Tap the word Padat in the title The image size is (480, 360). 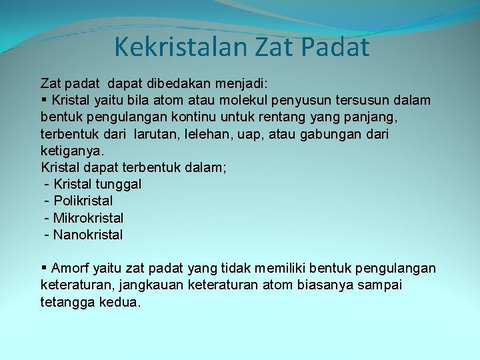pos(339,47)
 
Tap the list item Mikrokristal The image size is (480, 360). pos(88,218)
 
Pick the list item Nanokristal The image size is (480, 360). pos(88,235)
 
